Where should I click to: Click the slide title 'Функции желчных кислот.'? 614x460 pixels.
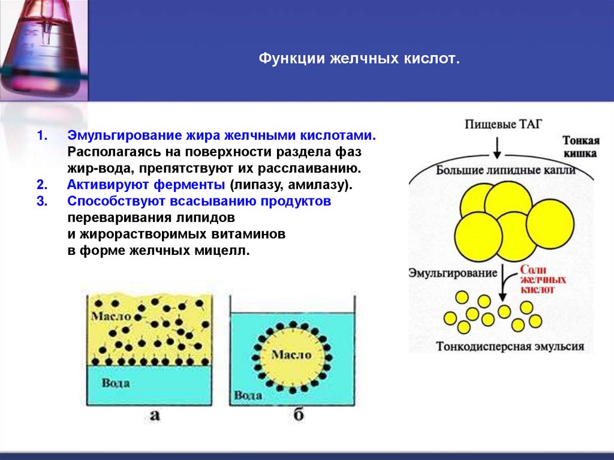pos(359,59)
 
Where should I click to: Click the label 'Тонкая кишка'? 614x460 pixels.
pos(580,146)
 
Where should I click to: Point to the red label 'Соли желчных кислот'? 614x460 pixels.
pos(543,279)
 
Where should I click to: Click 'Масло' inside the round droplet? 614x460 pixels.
pos(291,354)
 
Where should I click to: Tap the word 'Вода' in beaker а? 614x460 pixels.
pos(116,382)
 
